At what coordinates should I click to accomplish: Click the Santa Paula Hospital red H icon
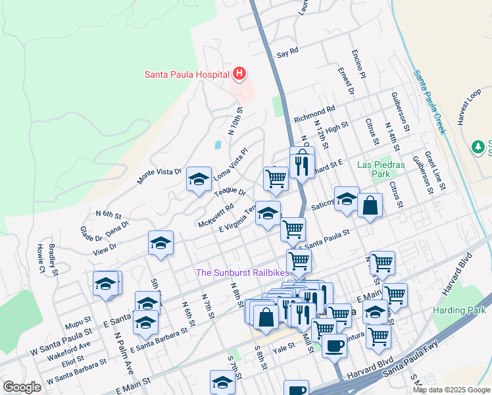[x=239, y=74]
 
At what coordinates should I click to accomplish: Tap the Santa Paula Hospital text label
[x=186, y=74]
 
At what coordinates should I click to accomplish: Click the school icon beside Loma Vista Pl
[x=199, y=179]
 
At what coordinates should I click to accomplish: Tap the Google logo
[x=22, y=386]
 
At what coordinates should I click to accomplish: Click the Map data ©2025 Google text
[x=451, y=390]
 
